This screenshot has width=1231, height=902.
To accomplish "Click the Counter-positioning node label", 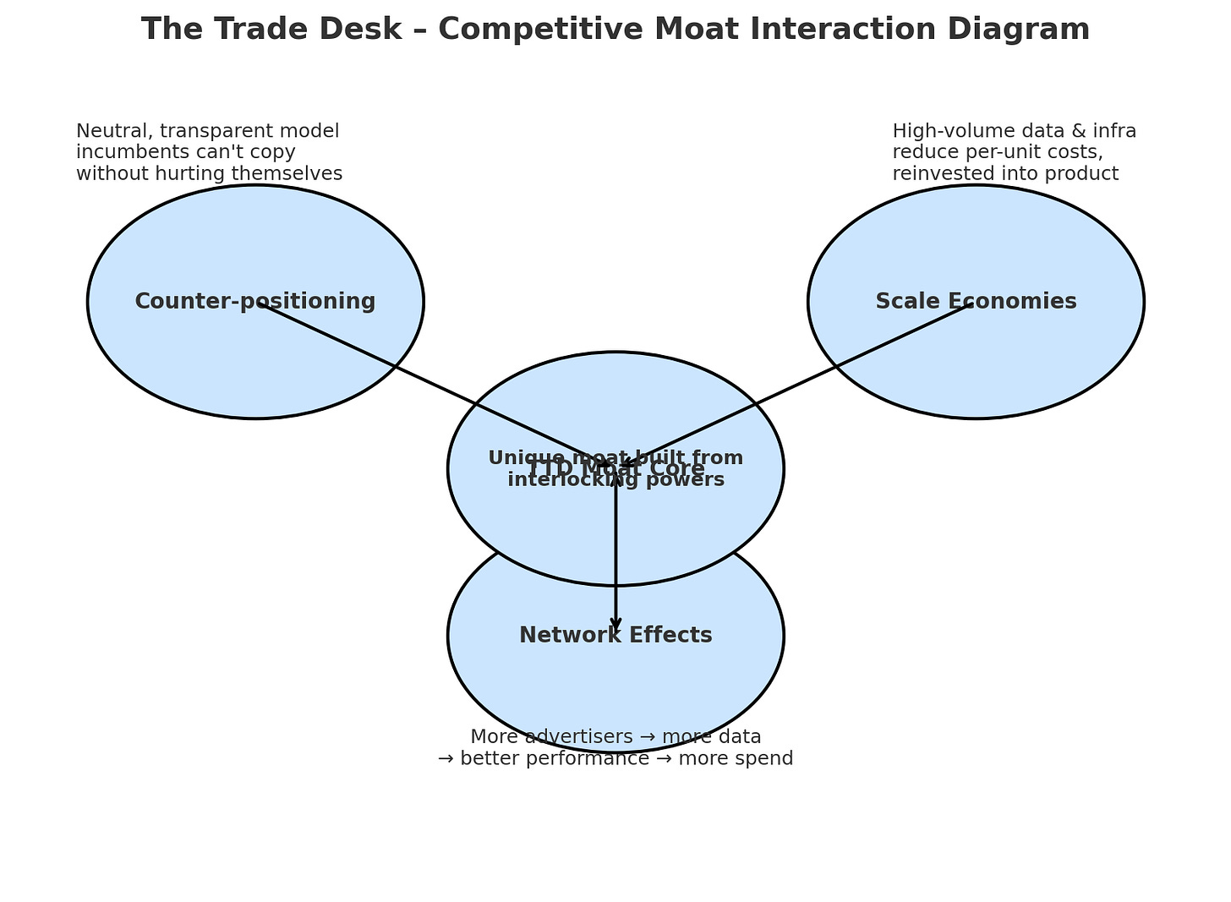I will coord(254,301).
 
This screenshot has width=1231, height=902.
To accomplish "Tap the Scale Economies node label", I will coord(976,301).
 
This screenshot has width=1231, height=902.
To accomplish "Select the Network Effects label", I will coord(615,635).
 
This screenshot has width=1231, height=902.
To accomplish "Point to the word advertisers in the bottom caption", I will coord(577,736).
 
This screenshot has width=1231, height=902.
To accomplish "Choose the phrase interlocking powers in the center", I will coord(615,480).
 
